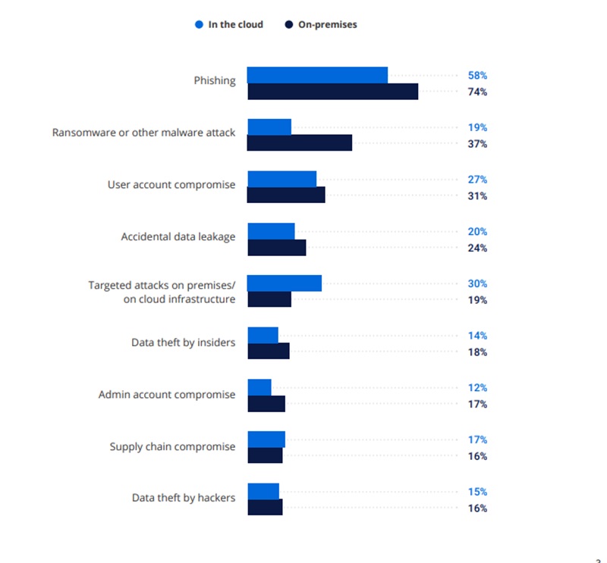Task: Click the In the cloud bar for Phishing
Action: (317, 75)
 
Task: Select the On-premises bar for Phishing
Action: (332, 92)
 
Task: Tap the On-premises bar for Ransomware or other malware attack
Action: (300, 143)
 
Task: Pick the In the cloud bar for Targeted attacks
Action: (285, 283)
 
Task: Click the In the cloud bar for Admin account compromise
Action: (259, 387)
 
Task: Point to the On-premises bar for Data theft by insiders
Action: (269, 352)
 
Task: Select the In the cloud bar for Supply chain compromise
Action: (266, 439)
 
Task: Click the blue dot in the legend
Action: (200, 24)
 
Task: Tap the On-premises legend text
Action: (328, 24)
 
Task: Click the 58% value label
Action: (477, 76)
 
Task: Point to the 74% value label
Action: (477, 92)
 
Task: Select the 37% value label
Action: (477, 144)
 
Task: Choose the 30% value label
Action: (477, 284)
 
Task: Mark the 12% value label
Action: (477, 388)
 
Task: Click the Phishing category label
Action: (215, 80)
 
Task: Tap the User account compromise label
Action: (171, 184)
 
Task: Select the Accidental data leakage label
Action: (178, 236)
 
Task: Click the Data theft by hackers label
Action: (184, 498)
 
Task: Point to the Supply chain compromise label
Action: (173, 446)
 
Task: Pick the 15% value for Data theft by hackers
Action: (477, 492)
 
